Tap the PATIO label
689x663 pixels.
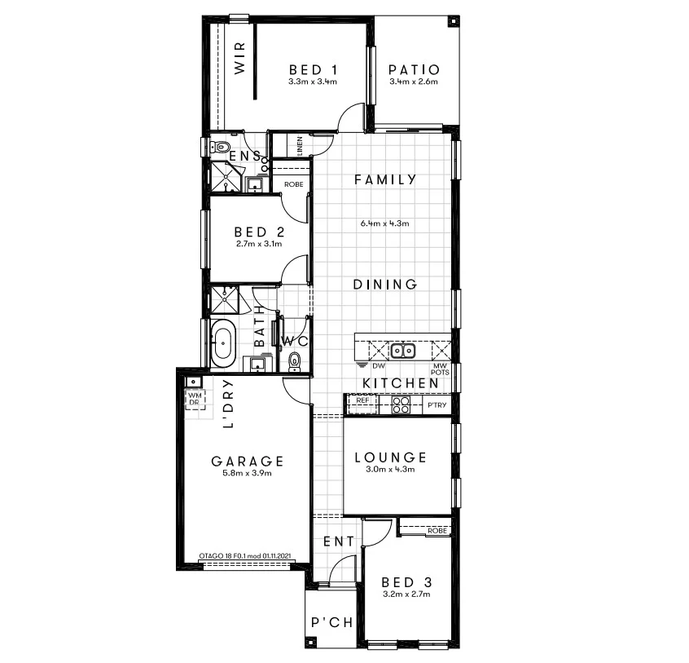pos(414,70)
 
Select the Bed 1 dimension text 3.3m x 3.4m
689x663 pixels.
pos(313,82)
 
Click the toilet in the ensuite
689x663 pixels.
pos(218,147)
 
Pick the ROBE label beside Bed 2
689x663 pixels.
pos(293,184)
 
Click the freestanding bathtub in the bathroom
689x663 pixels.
pos(222,345)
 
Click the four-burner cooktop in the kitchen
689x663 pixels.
pos(400,402)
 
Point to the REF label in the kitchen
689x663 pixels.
pos(362,400)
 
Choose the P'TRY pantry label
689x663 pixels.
pos(437,404)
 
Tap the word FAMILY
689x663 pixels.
pos(385,179)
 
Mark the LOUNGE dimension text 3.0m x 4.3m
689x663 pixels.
pos(390,470)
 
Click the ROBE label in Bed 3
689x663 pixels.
pos(437,531)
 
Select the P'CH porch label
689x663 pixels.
pos(332,623)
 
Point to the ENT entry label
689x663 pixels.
pos(339,541)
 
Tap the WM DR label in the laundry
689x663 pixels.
pos(195,399)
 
